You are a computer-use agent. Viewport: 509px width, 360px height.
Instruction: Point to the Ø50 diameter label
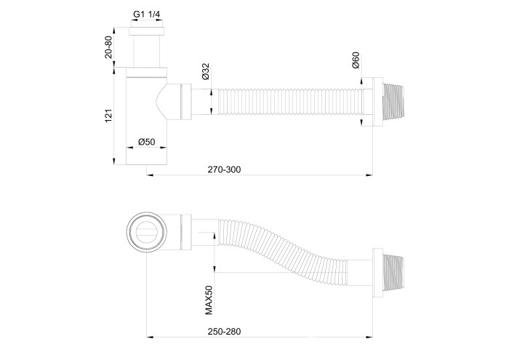pos(146,143)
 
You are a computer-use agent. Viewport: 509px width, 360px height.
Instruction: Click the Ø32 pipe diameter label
pos(205,72)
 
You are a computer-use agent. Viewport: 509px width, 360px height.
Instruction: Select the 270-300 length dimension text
pos(224,169)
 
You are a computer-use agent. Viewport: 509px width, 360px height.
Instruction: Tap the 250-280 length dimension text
pos(224,332)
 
